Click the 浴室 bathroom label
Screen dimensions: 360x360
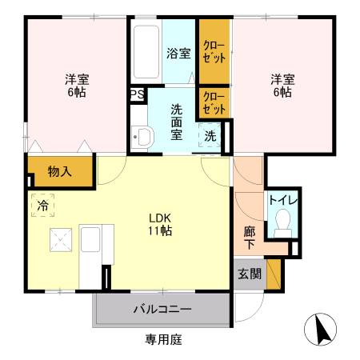pos(178,54)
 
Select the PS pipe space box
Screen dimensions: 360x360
pos(137,94)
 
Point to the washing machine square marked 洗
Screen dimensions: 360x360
pos(210,136)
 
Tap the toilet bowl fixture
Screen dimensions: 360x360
pos(282,222)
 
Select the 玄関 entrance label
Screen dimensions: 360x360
pos(249,274)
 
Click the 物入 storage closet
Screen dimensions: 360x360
pos(59,171)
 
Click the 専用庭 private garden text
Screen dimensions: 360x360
pos(164,340)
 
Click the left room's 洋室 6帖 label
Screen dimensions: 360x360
pos(77,86)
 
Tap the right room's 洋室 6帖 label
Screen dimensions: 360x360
pos(281,86)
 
